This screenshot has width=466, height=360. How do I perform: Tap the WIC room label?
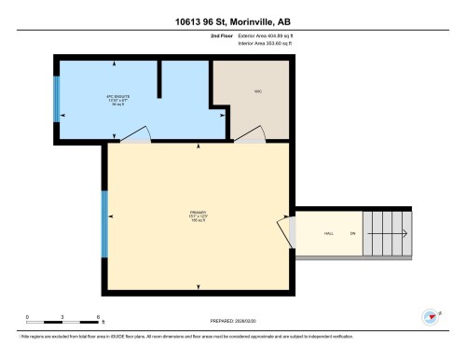coord(257,91)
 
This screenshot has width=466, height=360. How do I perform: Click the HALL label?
coord(328,233)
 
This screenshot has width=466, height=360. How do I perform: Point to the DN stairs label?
coord(352,233)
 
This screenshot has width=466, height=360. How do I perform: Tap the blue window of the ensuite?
coord(56,96)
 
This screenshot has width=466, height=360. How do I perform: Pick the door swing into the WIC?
coord(250,135)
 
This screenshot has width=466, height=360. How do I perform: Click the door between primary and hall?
coord(283,228)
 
